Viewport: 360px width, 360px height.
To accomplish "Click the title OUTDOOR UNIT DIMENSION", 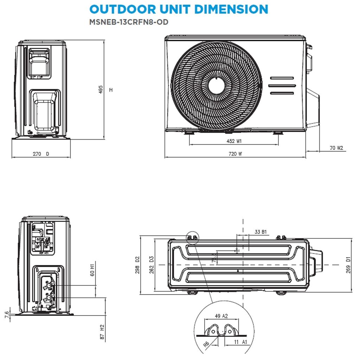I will (x=179, y=9).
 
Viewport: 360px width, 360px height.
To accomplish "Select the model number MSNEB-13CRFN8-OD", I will (x=129, y=22).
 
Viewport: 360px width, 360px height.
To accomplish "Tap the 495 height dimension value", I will (x=100, y=90).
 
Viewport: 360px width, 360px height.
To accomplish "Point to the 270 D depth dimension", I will (x=41, y=154).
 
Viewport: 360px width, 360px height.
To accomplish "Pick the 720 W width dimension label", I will (x=235, y=154).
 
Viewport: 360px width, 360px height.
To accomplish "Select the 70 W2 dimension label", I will (x=336, y=148).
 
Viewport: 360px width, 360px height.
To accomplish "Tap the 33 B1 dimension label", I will (x=261, y=232).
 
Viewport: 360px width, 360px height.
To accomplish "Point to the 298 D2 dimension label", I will (x=138, y=265).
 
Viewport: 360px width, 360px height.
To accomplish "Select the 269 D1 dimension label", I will (x=348, y=265).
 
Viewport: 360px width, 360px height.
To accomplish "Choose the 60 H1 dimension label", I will (x=92, y=269).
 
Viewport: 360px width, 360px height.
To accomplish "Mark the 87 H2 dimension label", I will (x=102, y=332).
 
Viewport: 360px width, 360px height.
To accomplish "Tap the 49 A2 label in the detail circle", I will (x=221, y=316).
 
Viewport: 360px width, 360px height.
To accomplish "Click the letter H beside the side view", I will (x=111, y=90).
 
